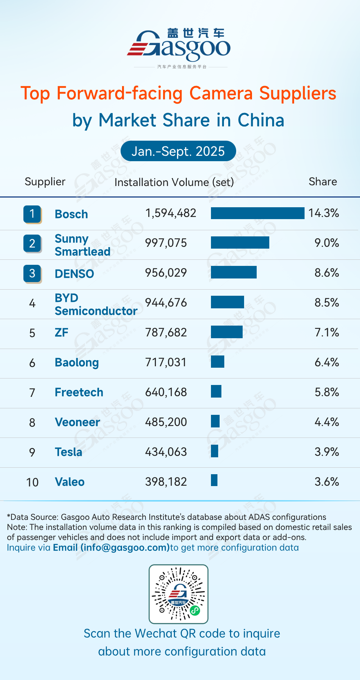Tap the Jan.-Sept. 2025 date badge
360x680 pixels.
[178, 151]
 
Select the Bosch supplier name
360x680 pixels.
[71, 214]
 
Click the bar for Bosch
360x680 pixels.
[257, 213]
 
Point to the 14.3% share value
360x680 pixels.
[324, 213]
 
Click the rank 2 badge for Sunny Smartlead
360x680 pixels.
[32, 244]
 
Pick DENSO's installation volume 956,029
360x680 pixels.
[166, 273]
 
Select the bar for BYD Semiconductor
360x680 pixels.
[227, 302]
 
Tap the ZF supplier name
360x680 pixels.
[62, 332]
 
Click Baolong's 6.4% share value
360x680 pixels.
[327, 362]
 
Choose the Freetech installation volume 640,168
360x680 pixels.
[166, 392]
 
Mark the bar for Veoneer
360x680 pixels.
[215, 421]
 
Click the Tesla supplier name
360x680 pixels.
[68, 452]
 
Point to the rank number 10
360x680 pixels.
[32, 482]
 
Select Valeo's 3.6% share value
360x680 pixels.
[327, 482]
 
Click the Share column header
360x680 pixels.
[323, 182]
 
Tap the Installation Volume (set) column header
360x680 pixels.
[174, 182]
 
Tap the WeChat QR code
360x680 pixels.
[179, 594]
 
